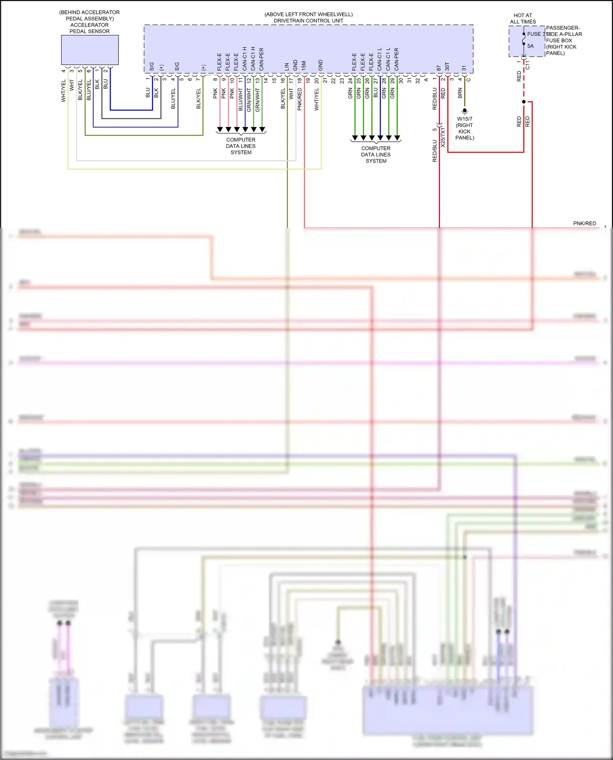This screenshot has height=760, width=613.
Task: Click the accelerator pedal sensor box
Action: [89, 50]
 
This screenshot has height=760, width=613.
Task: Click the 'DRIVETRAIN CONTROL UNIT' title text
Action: [308, 20]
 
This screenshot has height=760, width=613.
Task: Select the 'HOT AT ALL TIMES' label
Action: [523, 18]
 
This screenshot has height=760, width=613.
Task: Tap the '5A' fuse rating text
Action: [530, 46]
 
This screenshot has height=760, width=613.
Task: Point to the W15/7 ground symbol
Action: [464, 111]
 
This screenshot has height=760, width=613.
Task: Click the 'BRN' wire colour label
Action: [460, 93]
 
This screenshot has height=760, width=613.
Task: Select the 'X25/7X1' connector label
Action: [443, 137]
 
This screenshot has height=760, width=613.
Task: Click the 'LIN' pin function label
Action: [287, 66]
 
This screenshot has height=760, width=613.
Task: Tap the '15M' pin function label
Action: [304, 65]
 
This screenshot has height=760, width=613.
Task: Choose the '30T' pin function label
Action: [447, 66]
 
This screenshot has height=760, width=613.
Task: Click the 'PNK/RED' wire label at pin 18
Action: [300, 99]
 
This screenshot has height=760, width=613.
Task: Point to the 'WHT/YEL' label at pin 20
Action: [316, 99]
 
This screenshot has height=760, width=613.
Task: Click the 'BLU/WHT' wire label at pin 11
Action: [240, 100]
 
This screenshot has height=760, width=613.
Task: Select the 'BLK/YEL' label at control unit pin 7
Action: [199, 98]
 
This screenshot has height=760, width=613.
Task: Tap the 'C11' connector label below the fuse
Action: [527, 65]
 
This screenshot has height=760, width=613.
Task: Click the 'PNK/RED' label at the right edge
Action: [584, 223]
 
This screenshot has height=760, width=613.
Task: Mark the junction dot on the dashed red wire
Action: [524, 102]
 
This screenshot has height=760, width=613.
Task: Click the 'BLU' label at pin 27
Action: [376, 93]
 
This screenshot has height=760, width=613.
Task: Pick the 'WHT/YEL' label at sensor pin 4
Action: [63, 91]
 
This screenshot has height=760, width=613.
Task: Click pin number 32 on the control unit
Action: [418, 80]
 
